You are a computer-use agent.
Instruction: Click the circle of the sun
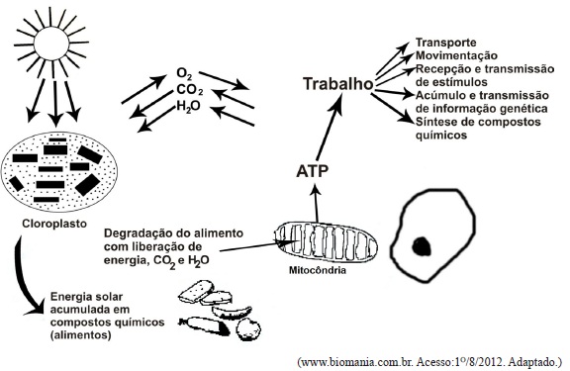pyautogui.click(x=52, y=44)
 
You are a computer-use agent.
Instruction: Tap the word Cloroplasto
pyautogui.click(x=54, y=224)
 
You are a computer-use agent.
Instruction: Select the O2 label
pyautogui.click(x=184, y=73)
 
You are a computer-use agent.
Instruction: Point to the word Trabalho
pyautogui.click(x=338, y=84)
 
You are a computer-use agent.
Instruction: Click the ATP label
pyautogui.click(x=313, y=171)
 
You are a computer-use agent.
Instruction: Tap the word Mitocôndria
pyautogui.click(x=318, y=270)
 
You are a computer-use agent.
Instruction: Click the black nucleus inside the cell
pyautogui.click(x=422, y=245)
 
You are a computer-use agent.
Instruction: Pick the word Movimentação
pyautogui.click(x=456, y=55)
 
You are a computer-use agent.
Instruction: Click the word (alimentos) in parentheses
pyautogui.click(x=81, y=334)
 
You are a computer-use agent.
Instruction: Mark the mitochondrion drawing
pyautogui.click(x=326, y=242)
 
